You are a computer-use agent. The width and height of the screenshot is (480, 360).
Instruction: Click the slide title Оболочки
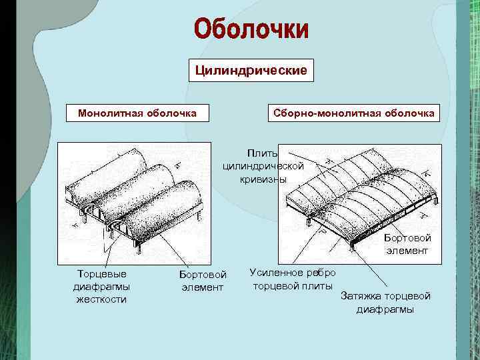251,29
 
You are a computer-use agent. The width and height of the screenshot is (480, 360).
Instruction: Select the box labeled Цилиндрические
251,70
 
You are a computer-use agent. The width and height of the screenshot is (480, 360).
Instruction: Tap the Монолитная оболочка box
137,113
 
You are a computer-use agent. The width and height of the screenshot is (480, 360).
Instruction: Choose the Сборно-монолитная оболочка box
353,113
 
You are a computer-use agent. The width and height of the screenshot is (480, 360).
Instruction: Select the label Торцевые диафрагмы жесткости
101,286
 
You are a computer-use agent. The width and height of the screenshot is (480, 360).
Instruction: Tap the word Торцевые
101,273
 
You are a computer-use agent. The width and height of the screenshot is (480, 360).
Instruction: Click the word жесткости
101,299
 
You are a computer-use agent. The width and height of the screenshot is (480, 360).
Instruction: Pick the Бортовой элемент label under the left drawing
203,281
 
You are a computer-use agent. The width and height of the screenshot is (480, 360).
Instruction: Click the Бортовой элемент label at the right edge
407,244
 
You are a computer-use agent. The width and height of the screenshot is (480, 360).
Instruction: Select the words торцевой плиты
293,286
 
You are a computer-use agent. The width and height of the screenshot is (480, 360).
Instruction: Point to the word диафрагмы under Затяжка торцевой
385,309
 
